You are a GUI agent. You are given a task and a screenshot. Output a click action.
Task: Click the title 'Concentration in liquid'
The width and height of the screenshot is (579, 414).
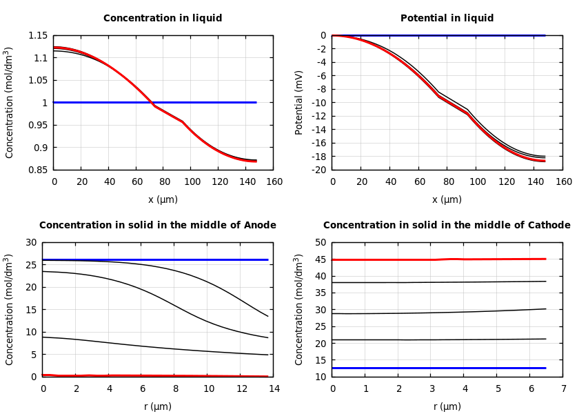pyautogui.click(x=163, y=19)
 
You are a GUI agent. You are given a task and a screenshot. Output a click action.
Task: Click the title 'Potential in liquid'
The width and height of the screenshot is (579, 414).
pyautogui.click(x=447, y=19)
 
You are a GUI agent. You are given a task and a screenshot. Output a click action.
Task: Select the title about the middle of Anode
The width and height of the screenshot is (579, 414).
pyautogui.click(x=157, y=226)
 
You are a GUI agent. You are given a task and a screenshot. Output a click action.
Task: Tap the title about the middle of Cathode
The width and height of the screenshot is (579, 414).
pyautogui.click(x=447, y=226)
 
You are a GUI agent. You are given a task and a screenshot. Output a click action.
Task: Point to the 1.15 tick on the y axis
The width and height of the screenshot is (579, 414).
pyautogui.click(x=38, y=35)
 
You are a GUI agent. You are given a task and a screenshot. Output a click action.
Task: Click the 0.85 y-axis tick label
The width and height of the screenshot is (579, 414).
pyautogui.click(x=38, y=170)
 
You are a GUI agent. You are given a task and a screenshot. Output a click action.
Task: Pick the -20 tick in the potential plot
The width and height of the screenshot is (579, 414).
pyautogui.click(x=318, y=170)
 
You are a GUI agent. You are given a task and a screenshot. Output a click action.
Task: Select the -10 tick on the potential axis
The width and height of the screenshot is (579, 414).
pyautogui.click(x=318, y=103)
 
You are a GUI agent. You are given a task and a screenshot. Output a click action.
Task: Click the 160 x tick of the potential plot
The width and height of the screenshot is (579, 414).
pyautogui.click(x=563, y=181)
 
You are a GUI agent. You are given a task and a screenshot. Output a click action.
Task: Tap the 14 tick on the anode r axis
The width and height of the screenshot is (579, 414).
pyautogui.click(x=274, y=388)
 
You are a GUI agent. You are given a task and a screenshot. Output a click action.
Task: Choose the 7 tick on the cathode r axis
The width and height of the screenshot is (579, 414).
pyautogui.click(x=563, y=388)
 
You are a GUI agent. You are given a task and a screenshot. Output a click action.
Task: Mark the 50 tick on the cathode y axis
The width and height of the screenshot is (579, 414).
pyautogui.click(x=320, y=242)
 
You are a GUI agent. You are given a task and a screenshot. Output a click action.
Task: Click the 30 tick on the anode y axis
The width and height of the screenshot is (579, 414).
pyautogui.click(x=30, y=242)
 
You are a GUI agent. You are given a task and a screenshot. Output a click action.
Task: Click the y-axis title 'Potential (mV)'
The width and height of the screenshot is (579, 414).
pyautogui.click(x=299, y=102)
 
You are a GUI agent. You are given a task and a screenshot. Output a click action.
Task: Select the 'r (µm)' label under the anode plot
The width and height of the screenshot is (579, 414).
pyautogui.click(x=157, y=406)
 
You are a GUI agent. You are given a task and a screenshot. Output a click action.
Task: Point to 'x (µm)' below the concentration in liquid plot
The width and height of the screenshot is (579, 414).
pyautogui.click(x=163, y=199)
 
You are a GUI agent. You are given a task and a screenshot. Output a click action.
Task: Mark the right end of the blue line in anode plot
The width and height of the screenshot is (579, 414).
pyautogui.click(x=267, y=259)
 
